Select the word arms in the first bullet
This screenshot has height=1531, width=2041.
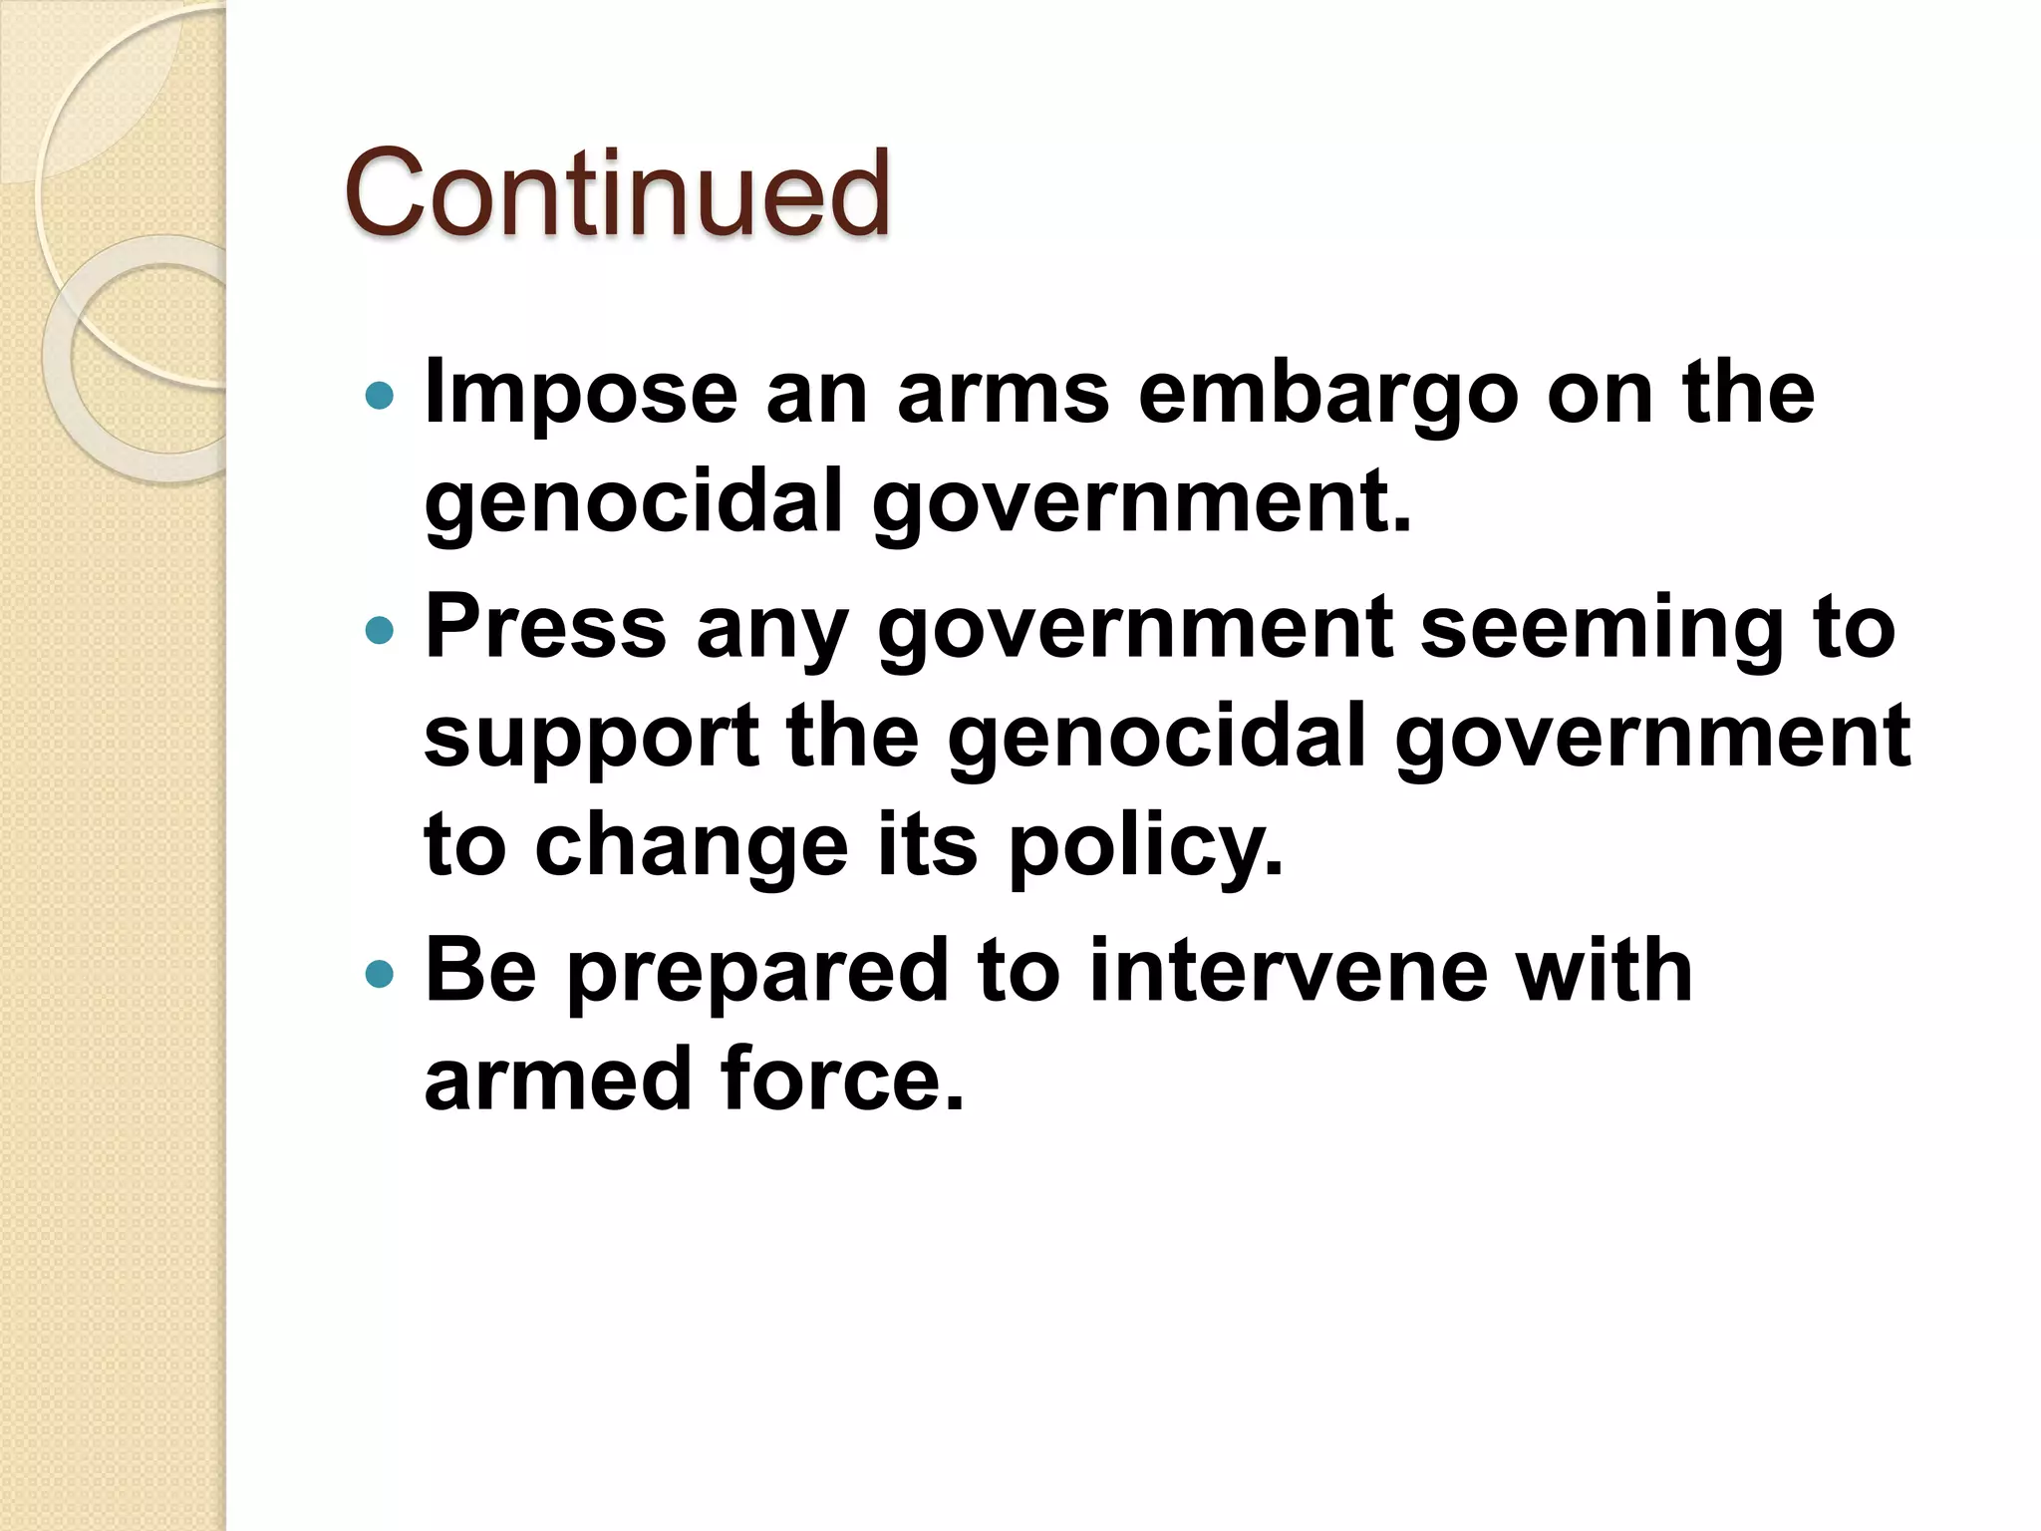click(x=1003, y=393)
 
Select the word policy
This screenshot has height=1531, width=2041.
click(x=1145, y=845)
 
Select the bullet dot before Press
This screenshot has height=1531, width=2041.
click(x=380, y=631)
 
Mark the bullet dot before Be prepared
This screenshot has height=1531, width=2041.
click(x=380, y=974)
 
